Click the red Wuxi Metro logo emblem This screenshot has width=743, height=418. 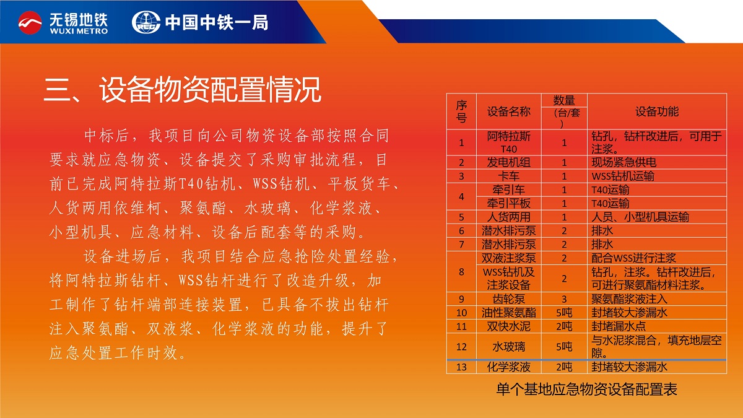30,22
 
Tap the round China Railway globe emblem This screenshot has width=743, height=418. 146,22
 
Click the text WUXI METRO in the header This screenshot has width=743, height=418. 79,31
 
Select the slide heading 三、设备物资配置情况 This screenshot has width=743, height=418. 183,90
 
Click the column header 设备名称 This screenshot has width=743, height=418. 508,111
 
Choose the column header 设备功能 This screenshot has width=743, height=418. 657,111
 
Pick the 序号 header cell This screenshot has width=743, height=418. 461,111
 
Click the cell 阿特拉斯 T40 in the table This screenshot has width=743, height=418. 508,142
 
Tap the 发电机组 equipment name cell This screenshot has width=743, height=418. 508,162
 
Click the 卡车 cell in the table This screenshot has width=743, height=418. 508,176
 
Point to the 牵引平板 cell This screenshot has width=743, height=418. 508,203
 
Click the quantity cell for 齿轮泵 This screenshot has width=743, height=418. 564,299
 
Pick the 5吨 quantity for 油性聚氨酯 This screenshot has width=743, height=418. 564,313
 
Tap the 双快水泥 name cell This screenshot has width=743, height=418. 508,326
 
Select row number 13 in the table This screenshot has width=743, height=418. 461,367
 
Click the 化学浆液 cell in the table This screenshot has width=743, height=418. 508,367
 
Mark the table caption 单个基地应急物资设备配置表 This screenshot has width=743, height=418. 586,389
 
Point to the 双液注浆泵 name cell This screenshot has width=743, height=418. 508,258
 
